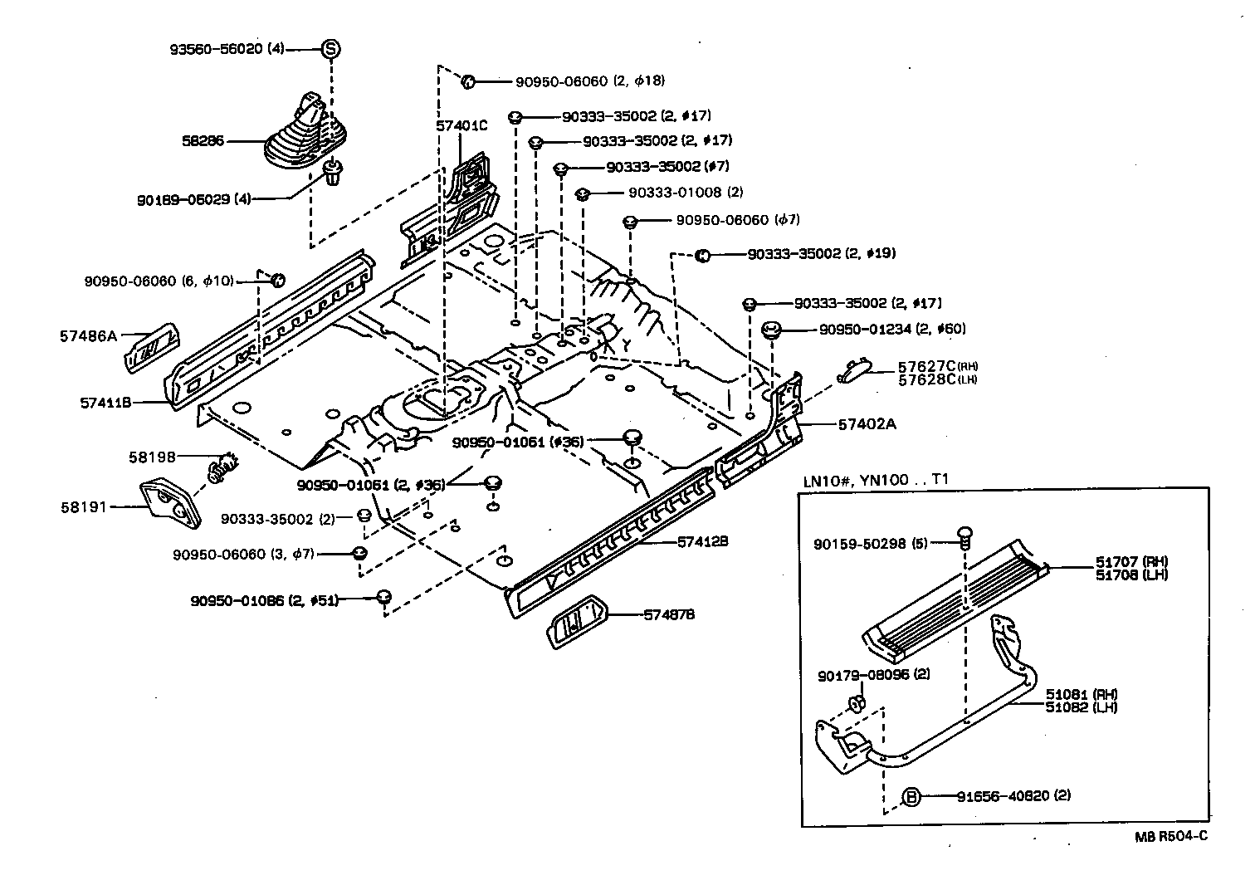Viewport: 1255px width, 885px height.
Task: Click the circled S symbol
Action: click(331, 49)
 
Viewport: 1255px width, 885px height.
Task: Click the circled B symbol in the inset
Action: click(911, 796)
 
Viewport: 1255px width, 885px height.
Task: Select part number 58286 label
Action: click(203, 141)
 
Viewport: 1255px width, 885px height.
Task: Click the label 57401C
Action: click(461, 125)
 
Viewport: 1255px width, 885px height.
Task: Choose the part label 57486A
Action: click(89, 336)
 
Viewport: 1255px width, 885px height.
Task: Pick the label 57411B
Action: click(106, 403)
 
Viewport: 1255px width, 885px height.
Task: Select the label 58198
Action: click(152, 457)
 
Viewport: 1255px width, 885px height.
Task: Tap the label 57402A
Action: click(867, 424)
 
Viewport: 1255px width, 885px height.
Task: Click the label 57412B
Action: click(703, 541)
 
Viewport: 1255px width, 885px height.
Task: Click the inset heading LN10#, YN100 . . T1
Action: click(876, 480)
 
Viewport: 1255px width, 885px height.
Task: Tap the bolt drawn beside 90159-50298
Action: click(964, 535)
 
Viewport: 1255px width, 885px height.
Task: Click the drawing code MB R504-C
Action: click(1171, 836)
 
